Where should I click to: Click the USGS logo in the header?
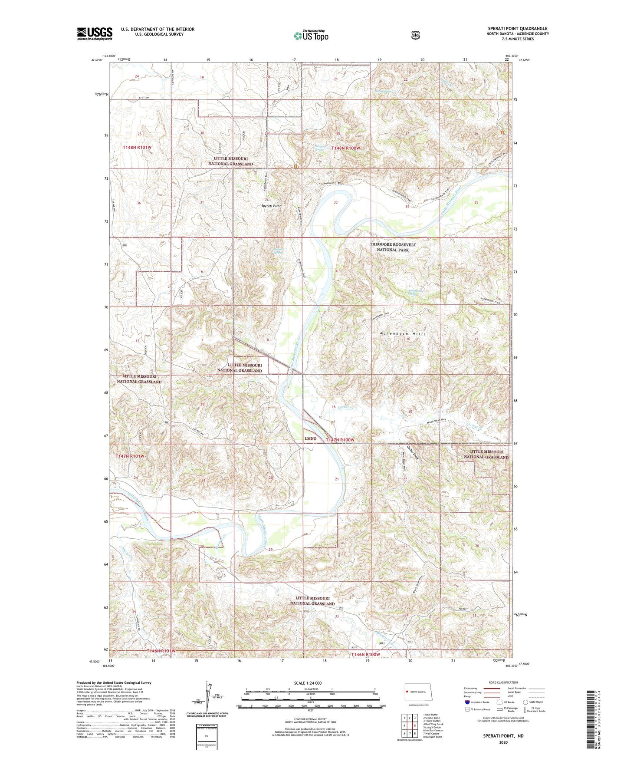(95, 33)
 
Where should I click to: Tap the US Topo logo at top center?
(311, 36)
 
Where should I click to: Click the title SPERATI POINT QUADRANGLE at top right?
(517, 29)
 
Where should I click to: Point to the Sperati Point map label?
(271, 206)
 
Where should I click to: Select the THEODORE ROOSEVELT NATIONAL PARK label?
(393, 247)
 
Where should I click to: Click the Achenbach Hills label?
(402, 334)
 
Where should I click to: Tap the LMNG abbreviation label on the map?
(310, 438)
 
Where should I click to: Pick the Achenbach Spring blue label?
(414, 292)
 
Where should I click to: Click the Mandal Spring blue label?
(279, 250)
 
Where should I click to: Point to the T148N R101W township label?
(137, 148)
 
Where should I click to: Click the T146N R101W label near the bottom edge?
(161, 651)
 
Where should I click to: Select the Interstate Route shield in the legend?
(467, 702)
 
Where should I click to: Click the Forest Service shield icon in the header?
(415, 35)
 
